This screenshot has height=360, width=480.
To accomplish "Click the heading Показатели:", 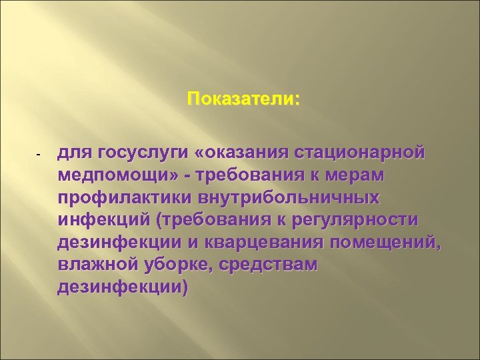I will coord(244,99).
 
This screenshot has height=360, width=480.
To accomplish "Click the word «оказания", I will coord(233,154).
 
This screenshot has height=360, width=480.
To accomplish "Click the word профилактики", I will coord(126,198).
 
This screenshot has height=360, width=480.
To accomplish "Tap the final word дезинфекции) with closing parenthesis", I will coord(123,287).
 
